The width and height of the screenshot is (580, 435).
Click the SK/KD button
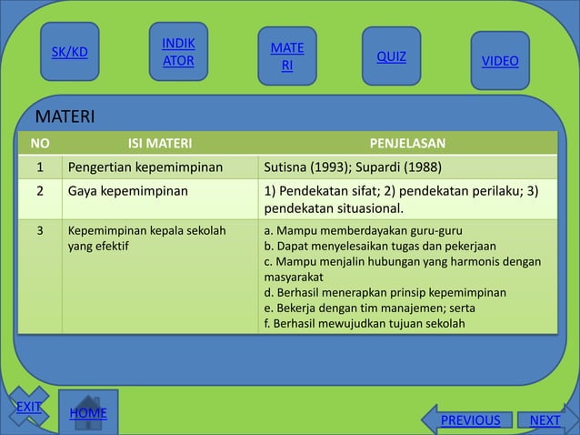point(69,52)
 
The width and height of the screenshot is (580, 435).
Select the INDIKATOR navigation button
point(178,53)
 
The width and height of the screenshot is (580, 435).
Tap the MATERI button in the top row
point(287,56)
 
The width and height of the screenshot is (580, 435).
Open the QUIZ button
point(392,56)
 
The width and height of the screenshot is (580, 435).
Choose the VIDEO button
point(500,61)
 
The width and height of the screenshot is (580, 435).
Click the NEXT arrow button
point(545,420)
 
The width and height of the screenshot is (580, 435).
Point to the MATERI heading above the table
point(65,116)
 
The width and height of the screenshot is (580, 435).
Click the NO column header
point(40,142)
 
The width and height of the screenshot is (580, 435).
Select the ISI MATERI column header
point(159,142)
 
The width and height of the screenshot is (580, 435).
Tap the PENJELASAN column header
point(407,142)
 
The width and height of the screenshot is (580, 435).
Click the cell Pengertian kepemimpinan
point(145,167)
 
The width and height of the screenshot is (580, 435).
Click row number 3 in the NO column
point(40,230)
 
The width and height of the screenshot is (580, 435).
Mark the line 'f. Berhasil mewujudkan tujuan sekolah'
point(364,323)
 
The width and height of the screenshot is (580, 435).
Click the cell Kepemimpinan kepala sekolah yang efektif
point(146,238)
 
